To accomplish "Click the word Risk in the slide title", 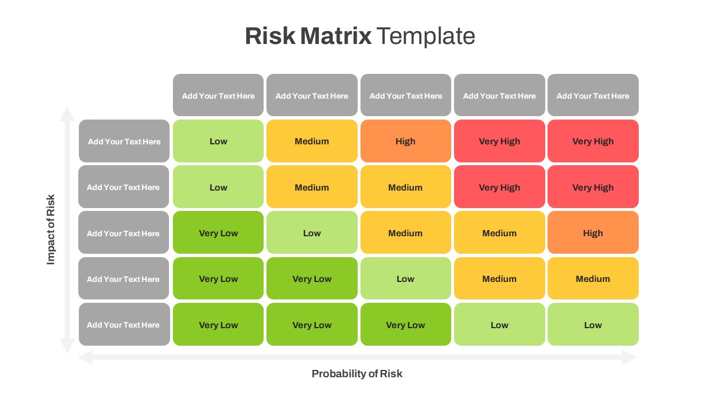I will pos(270,36).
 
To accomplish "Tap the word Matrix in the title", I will pos(336,36).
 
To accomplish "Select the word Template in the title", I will pos(426,36).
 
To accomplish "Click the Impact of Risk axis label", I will pos(51,230).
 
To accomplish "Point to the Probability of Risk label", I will pos(357,373).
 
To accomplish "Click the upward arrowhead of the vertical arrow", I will pos(68,112).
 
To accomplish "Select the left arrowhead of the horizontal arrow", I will pos(85,357).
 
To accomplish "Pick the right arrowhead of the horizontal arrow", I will pos(630,357).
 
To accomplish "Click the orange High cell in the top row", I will pos(406,141).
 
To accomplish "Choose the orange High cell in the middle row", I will pos(593,233).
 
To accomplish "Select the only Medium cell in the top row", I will pos(311,141).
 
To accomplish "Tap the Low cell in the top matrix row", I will pos(218,141).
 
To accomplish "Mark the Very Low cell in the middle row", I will pos(218,233).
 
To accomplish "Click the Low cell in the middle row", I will pos(311,233).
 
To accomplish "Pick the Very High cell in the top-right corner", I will pos(593,141).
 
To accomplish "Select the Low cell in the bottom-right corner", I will pos(593,325).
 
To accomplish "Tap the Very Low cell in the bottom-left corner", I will pos(218,325).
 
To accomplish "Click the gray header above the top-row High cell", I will pos(406,95).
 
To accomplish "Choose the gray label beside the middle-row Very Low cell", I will pos(123,233).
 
